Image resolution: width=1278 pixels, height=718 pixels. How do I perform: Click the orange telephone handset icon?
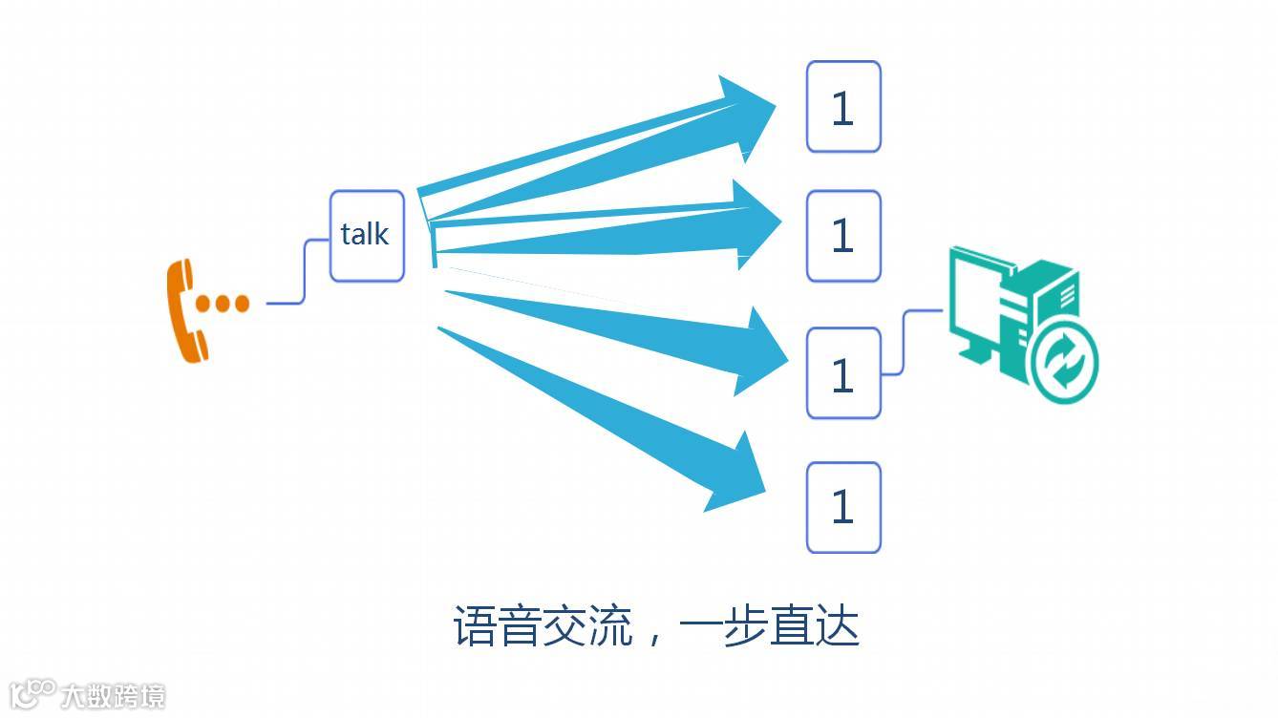pyautogui.click(x=184, y=311)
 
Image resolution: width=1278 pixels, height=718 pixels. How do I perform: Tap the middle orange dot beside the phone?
pyautogui.click(x=223, y=304)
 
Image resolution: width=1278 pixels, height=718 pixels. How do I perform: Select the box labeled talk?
pyautogui.click(x=367, y=236)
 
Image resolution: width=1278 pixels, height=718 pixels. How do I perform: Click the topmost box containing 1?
pyautogui.click(x=843, y=107)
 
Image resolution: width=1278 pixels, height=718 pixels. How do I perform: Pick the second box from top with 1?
pyautogui.click(x=843, y=236)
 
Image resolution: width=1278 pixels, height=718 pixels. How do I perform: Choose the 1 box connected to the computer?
pyautogui.click(x=843, y=373)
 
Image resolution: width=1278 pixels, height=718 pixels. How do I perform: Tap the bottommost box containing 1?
pyautogui.click(x=843, y=507)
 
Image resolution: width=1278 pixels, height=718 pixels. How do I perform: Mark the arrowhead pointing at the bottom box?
pyautogui.click(x=742, y=475)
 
